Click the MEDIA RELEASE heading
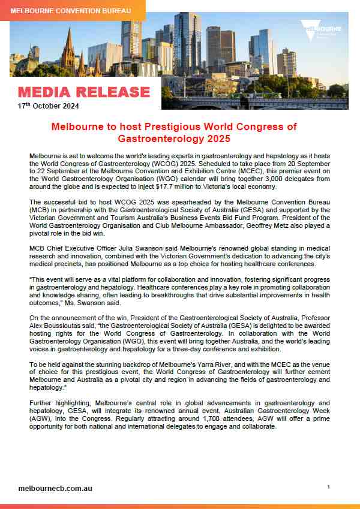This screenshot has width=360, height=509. point(83,92)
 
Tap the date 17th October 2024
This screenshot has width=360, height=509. point(48,106)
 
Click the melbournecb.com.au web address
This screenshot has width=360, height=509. point(55,488)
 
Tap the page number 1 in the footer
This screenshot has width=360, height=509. point(329,487)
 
